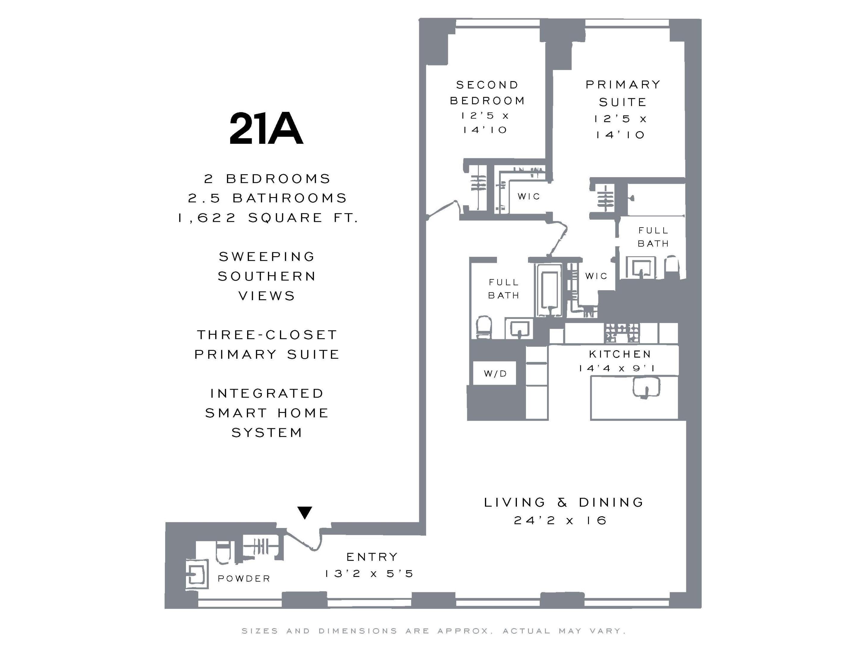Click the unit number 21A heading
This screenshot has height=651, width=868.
[266, 129]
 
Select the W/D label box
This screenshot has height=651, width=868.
[495, 373]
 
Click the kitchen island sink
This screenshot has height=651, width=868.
[646, 387]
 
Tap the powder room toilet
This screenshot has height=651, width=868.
[223, 552]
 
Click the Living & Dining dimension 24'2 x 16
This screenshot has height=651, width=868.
[560, 520]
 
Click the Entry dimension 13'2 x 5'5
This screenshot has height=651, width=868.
[369, 573]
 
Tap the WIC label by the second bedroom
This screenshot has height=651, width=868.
[529, 196]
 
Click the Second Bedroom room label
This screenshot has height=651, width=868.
[487, 93]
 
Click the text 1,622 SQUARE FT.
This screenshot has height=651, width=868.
[268, 217]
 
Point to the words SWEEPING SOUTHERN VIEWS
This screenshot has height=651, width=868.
[267, 276]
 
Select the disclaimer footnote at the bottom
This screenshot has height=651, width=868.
[434, 631]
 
